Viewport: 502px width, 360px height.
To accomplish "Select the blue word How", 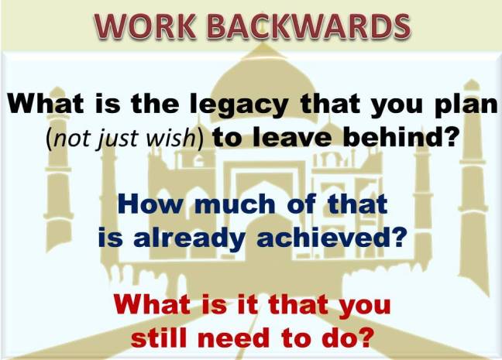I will point(145,206).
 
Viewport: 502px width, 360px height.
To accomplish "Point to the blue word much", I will point(225,206).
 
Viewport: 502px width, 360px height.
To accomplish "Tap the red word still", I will point(166,338).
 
